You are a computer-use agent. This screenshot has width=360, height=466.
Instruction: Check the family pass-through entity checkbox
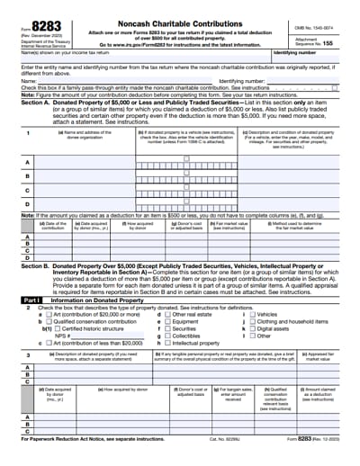click(x=335, y=87)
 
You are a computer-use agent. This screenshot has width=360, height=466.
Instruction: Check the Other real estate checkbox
click(x=165, y=314)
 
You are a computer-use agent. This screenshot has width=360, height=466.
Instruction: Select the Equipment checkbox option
click(x=165, y=321)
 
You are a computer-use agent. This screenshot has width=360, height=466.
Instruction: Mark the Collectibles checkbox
click(x=165, y=336)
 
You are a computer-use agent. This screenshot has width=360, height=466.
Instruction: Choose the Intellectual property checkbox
click(x=165, y=344)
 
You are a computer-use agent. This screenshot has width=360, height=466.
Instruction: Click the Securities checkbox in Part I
click(x=165, y=329)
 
